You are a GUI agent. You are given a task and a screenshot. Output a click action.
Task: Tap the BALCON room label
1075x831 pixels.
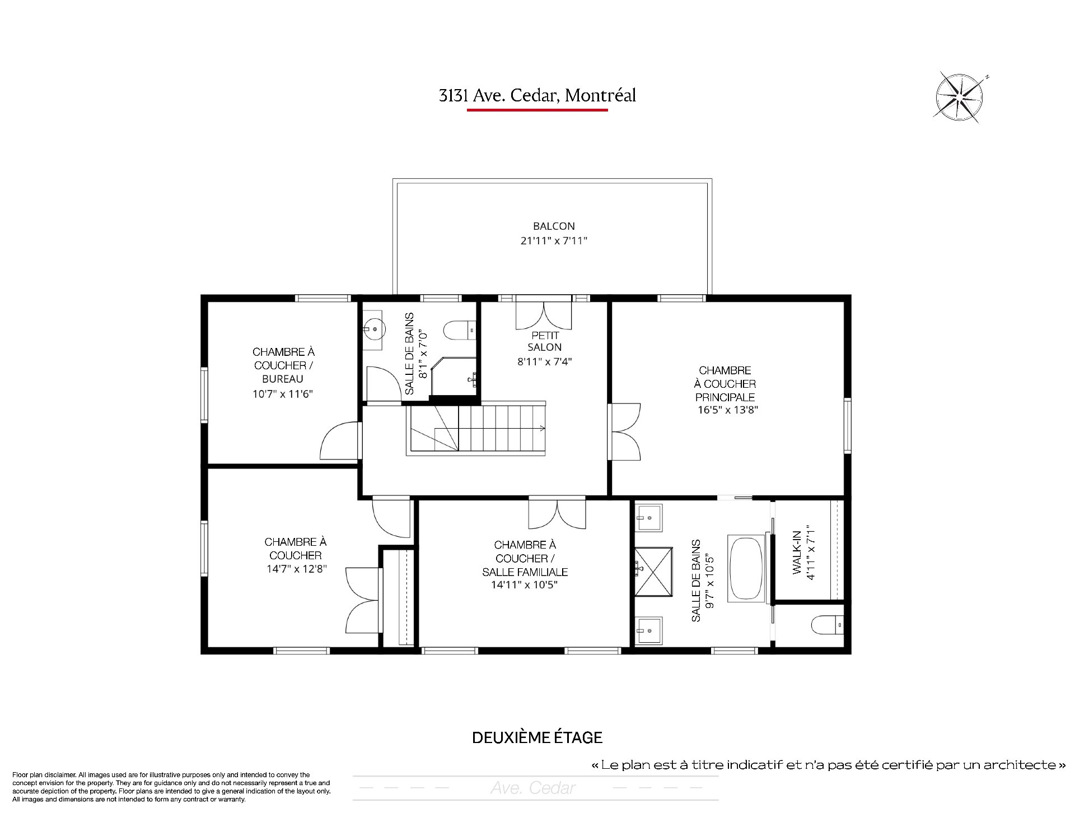(554, 226)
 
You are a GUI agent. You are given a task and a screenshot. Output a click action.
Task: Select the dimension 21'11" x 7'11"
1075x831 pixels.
(554, 241)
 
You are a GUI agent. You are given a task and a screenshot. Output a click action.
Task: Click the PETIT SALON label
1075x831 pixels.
(545, 341)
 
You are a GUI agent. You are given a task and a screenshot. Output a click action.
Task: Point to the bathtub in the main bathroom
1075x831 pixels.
(746, 569)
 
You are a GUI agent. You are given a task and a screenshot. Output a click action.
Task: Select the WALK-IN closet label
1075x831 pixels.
(796, 552)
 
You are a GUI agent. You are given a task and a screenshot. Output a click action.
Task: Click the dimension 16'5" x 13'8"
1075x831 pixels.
(728, 410)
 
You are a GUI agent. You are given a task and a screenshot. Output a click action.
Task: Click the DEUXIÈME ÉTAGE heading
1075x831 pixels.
(537, 737)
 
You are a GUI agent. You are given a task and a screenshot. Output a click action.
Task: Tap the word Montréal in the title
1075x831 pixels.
(601, 95)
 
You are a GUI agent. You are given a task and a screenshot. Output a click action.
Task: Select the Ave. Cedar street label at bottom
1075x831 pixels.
(533, 788)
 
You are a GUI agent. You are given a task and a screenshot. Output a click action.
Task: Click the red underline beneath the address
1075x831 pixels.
(537, 110)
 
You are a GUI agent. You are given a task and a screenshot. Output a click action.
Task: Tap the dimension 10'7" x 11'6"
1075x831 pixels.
(283, 394)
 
